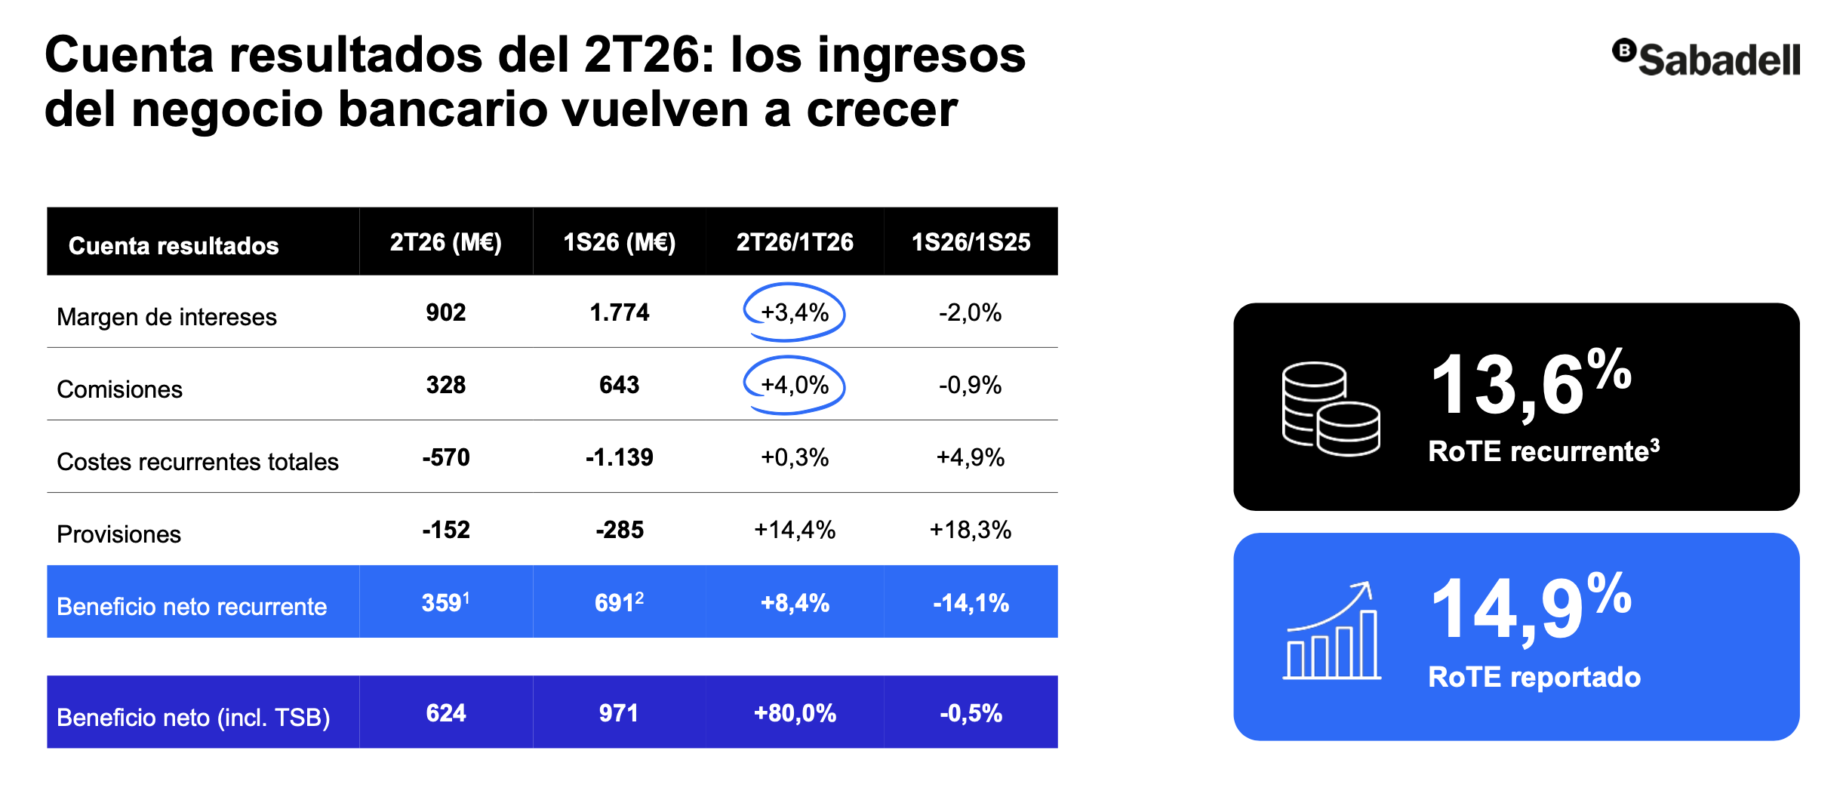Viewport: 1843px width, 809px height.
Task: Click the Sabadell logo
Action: (x=1706, y=58)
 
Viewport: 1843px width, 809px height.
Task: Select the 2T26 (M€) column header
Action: (x=445, y=242)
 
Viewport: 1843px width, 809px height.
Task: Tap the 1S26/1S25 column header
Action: (x=971, y=242)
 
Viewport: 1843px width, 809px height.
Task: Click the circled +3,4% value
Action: (x=795, y=312)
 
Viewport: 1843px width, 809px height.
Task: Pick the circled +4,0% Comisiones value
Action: (x=795, y=385)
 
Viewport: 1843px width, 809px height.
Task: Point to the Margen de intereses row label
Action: (x=167, y=317)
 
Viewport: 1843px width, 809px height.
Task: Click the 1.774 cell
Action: (x=619, y=312)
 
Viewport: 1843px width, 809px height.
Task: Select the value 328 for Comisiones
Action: (x=446, y=385)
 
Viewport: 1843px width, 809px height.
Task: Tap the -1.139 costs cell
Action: (x=619, y=457)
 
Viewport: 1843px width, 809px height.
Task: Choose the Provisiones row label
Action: (x=118, y=534)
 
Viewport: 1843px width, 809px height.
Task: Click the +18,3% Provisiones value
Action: (x=971, y=530)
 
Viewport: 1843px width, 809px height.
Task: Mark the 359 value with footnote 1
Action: (x=445, y=602)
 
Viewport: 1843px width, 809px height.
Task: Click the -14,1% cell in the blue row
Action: (x=971, y=603)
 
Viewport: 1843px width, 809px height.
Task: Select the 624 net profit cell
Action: (x=446, y=713)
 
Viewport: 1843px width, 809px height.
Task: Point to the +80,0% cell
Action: (x=795, y=713)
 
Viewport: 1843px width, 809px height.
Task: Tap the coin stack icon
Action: (x=1331, y=408)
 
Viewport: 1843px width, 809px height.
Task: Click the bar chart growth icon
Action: (x=1331, y=631)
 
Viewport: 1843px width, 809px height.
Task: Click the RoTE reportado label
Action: (x=1534, y=677)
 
